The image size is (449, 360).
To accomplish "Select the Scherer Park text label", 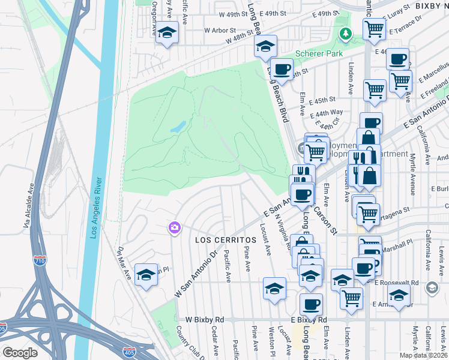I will pos(319,53).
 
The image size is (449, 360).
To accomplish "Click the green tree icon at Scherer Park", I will pos(346,34).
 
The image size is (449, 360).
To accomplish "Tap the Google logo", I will pos(20,353).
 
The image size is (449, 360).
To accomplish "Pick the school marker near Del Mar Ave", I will pos(146,274).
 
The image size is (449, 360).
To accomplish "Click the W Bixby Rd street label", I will pos(205,319).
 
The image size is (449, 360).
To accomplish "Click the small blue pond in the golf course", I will pos(178,127).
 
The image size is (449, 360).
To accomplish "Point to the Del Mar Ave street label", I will pos(124,264).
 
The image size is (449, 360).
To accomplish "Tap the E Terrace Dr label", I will pos(406,30).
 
